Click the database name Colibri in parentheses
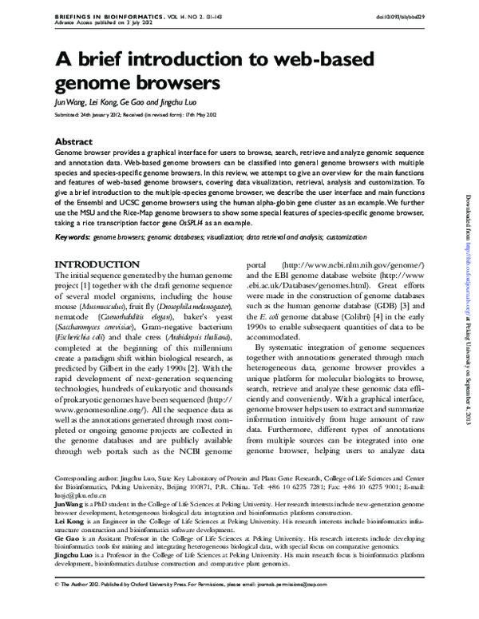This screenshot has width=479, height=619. click(346, 328)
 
